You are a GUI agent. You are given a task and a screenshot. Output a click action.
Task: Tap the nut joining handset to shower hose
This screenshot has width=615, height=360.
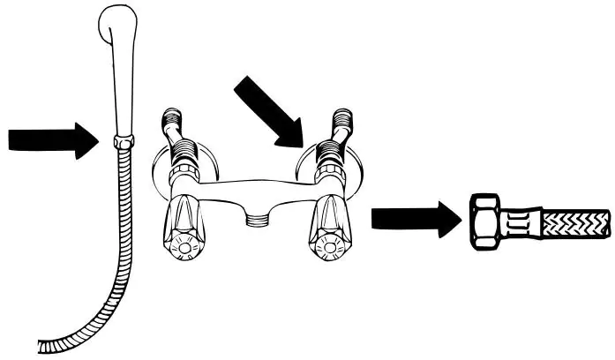point(124,141)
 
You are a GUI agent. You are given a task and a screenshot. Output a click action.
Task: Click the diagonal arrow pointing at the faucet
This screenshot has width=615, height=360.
point(270,112)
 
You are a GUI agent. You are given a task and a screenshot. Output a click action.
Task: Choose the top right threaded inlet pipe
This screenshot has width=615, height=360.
point(342,123)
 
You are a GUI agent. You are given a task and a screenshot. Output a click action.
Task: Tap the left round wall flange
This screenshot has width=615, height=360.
point(159,168)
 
